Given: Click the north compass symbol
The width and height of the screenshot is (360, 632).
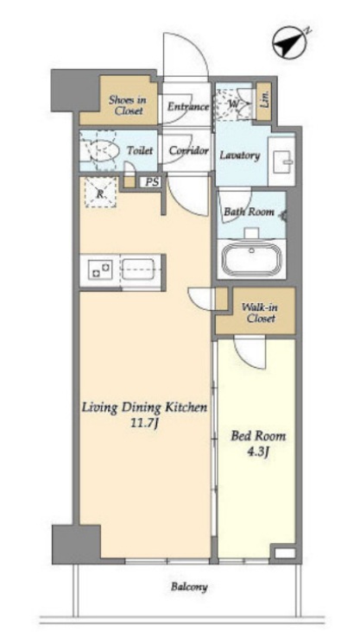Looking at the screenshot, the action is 288,42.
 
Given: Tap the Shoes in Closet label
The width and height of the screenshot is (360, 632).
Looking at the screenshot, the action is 128,105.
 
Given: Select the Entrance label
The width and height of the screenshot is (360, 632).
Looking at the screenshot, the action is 188,107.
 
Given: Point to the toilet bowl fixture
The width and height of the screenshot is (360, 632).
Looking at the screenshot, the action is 104,151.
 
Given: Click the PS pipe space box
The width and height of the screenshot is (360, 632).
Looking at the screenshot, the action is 152,182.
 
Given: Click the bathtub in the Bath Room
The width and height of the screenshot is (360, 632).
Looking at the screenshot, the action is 251,259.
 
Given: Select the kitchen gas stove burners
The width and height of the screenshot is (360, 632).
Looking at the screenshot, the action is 100,269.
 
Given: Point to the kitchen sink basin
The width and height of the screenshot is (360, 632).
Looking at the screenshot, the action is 137,269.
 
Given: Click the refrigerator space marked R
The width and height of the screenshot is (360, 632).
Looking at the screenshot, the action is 100,193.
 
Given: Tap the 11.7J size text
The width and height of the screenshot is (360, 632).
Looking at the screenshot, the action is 145,423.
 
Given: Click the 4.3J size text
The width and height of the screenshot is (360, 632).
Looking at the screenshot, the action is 258,452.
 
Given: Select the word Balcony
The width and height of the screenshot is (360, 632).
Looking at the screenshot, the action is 189,587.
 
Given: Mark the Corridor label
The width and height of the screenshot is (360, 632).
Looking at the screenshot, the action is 189,151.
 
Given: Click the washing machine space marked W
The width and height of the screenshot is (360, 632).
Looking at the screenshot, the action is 234,104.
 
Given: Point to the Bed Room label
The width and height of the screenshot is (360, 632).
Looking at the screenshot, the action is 258,436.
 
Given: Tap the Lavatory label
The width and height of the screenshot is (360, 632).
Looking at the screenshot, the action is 239,155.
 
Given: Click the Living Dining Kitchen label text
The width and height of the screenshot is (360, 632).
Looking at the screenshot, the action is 144,408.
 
